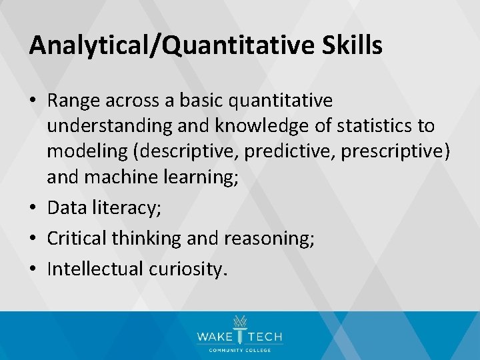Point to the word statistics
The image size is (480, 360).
[372, 126]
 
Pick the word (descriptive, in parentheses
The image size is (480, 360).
[187, 151]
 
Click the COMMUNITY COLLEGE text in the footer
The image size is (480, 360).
[239, 349]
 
